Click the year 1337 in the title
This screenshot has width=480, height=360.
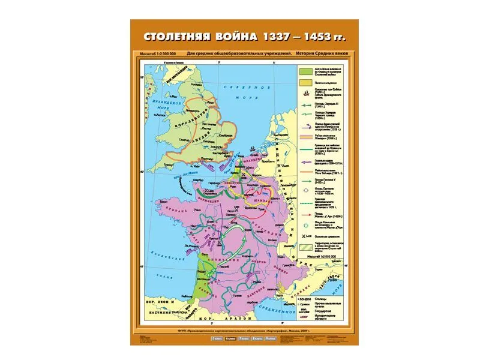click(274, 36)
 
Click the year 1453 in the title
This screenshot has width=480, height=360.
click(315, 36)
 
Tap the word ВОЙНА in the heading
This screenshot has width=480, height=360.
click(231, 36)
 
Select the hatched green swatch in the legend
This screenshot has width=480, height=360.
click(305, 245)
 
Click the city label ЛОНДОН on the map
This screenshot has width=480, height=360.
click(213, 145)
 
